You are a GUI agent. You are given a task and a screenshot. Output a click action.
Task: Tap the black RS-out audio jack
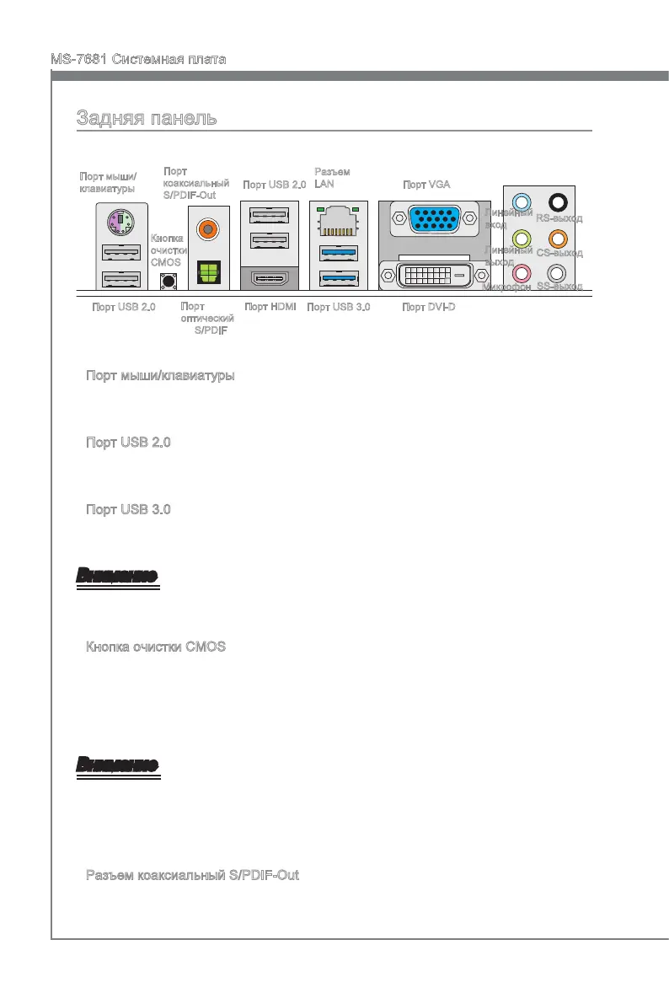coord(557,201)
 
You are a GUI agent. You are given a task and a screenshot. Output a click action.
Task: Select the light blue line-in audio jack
coord(522,201)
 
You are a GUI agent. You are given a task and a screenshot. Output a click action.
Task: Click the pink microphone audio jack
coord(522,272)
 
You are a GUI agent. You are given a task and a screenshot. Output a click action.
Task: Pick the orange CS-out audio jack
coord(557,238)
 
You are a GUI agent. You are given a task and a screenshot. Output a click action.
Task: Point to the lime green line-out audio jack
coord(522,238)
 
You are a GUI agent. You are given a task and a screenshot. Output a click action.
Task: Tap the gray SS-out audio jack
coord(557,272)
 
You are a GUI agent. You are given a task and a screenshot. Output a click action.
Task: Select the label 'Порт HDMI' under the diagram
coord(270,307)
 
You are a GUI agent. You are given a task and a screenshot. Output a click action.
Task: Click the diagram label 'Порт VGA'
coord(426,185)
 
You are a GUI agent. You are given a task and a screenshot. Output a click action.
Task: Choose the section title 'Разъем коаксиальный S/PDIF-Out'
coord(192,876)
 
